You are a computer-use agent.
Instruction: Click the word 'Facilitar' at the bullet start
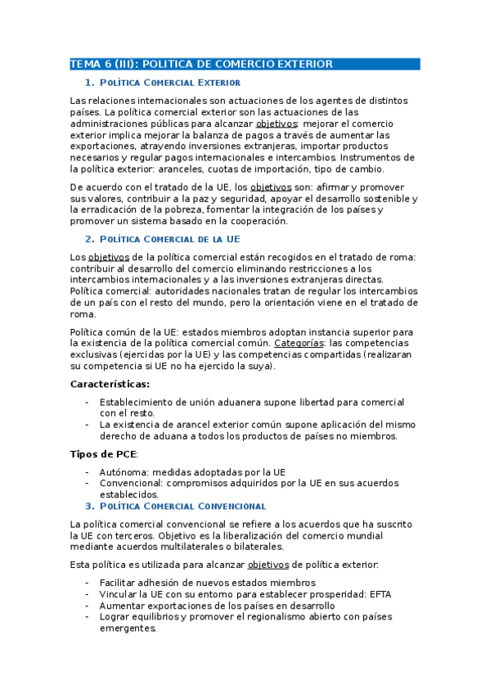(119, 582)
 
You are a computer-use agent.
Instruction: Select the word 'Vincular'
(119, 593)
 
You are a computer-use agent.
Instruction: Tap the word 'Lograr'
(115, 616)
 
